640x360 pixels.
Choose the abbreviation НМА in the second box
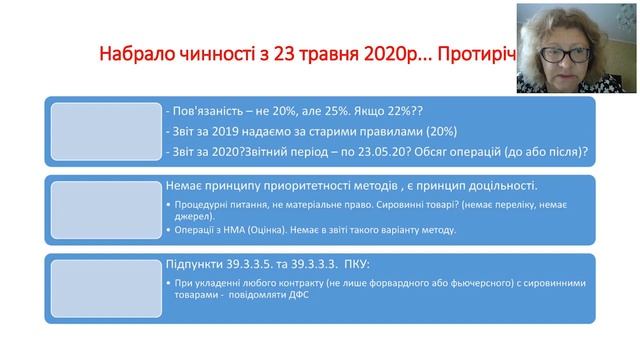click(x=241, y=229)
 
